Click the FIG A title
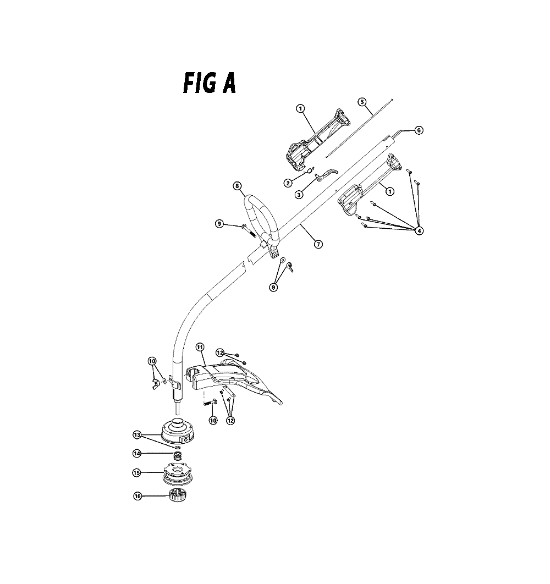pyautogui.click(x=210, y=83)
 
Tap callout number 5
pyautogui.click(x=362, y=102)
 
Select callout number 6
pyautogui.click(x=419, y=130)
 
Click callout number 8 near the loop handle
pyautogui.click(x=238, y=186)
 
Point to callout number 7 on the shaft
pyautogui.click(x=318, y=244)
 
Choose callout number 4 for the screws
pyautogui.click(x=419, y=231)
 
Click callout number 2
pyautogui.click(x=287, y=183)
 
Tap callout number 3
pyautogui.click(x=299, y=195)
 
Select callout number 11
pyautogui.click(x=200, y=347)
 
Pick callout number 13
pyautogui.click(x=137, y=435)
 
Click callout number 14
pyautogui.click(x=137, y=454)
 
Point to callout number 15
pyautogui.click(x=136, y=472)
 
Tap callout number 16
pyautogui.click(x=137, y=497)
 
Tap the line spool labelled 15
pyautogui.click(x=178, y=474)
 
